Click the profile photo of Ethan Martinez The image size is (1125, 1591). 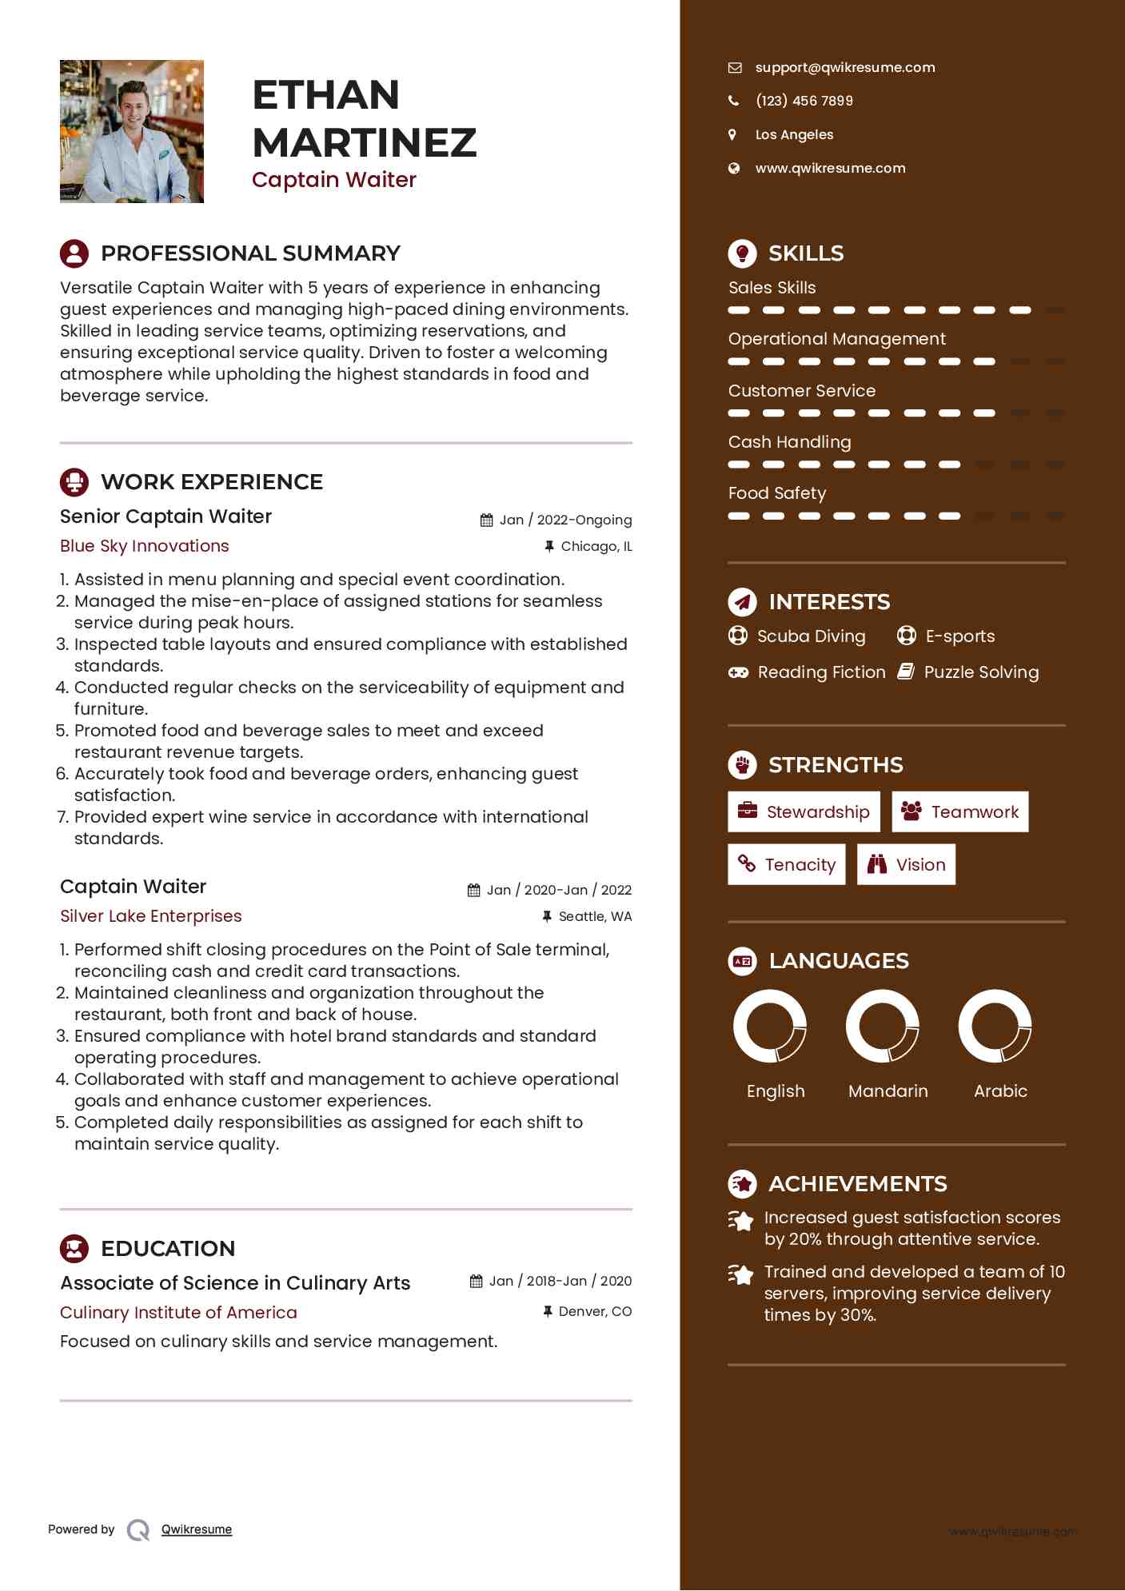pyautogui.click(x=132, y=131)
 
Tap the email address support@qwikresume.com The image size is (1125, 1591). pyautogui.click(x=844, y=68)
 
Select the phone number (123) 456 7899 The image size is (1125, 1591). pyautogui.click(x=804, y=101)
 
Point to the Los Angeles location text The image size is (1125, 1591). pyautogui.click(x=794, y=135)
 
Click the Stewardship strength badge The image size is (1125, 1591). pyautogui.click(x=804, y=812)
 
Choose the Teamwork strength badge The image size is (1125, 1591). pyautogui.click(x=959, y=812)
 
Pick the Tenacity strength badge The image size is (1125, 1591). pyautogui.click(x=786, y=865)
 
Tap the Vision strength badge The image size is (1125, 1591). pyautogui.click(x=906, y=865)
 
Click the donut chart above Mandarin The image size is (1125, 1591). pyautogui.click(x=882, y=1026)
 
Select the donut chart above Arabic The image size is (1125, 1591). pyautogui.click(x=995, y=1026)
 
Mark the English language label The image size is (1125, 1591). pyautogui.click(x=776, y=1091)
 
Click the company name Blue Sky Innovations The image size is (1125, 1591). pyautogui.click(x=145, y=546)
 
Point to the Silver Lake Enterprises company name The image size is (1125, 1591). pyautogui.click(x=151, y=916)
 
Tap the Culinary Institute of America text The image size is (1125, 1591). pyautogui.click(x=178, y=1313)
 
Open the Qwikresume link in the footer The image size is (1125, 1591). pyautogui.click(x=197, y=1529)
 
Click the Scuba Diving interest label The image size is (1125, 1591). pyautogui.click(x=811, y=636)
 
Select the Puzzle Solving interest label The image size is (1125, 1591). pyautogui.click(x=981, y=672)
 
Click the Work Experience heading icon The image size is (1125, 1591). pyautogui.click(x=74, y=482)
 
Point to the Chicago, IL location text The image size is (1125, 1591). pyautogui.click(x=596, y=547)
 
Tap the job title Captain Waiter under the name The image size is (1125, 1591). pyautogui.click(x=334, y=180)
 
